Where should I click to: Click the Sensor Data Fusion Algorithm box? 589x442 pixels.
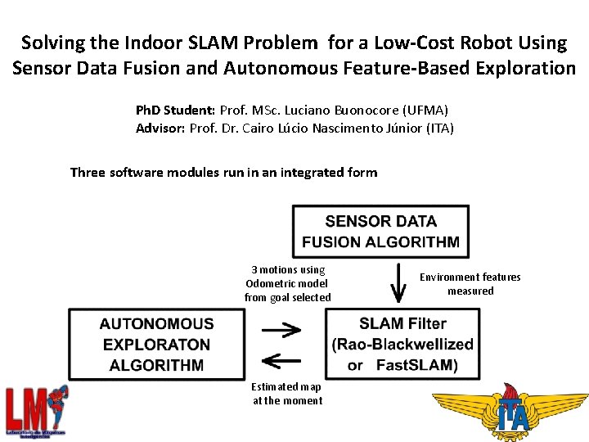[380, 231]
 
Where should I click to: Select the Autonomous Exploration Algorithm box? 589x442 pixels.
[156, 345]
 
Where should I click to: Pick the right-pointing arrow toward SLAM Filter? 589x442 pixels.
[280, 329]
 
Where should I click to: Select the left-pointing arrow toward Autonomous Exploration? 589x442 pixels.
[280, 359]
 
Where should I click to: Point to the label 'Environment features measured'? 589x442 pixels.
[470, 284]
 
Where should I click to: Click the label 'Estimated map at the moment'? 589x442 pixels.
[286, 393]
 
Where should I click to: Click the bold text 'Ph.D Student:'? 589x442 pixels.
[175, 110]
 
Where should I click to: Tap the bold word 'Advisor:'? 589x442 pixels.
[160, 128]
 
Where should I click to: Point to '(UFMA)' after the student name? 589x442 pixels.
[429, 110]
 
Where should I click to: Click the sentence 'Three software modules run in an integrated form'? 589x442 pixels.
[223, 172]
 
